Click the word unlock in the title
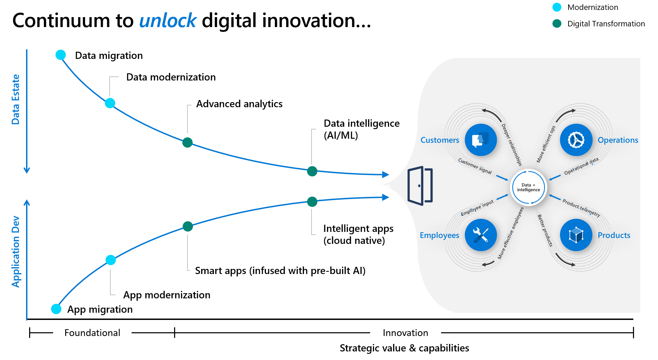click(x=168, y=21)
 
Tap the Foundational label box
click(x=92, y=333)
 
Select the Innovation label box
click(x=405, y=333)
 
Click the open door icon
click(x=420, y=186)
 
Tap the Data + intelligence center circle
click(x=528, y=187)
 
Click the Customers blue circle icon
click(x=480, y=140)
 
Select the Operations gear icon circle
click(x=576, y=140)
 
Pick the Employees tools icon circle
click(x=480, y=235)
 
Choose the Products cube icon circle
click(x=576, y=235)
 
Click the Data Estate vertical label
click(x=15, y=99)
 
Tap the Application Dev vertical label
click(x=15, y=252)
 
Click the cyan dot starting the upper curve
click(x=61, y=55)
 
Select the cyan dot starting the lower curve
click(x=56, y=309)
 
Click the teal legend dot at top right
click(x=557, y=23)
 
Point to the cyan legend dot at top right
click(x=557, y=7)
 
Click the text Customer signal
click(x=475, y=166)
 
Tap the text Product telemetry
click(x=581, y=208)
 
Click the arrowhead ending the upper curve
click(x=386, y=175)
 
